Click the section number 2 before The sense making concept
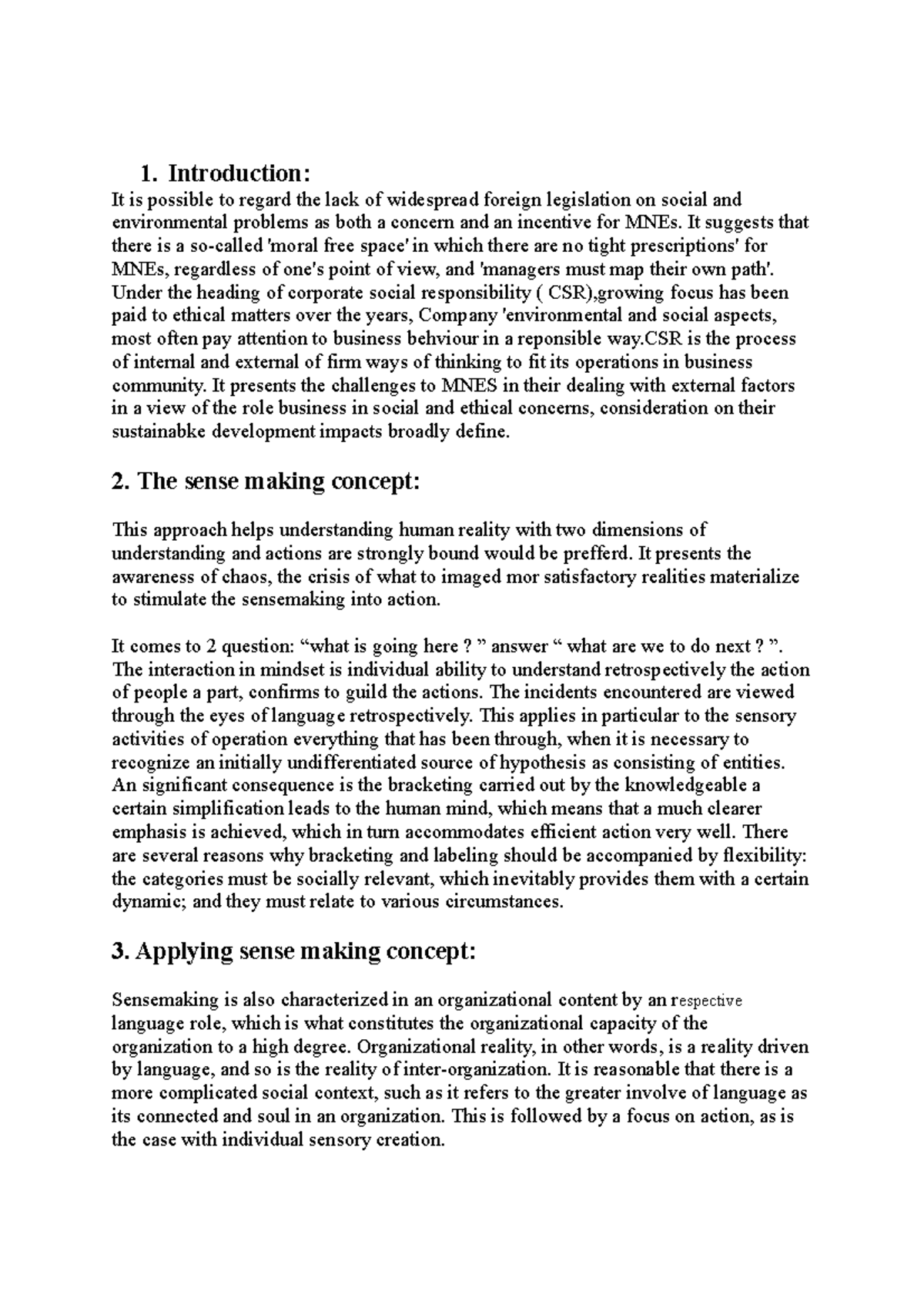[119, 481]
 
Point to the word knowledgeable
[685, 786]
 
